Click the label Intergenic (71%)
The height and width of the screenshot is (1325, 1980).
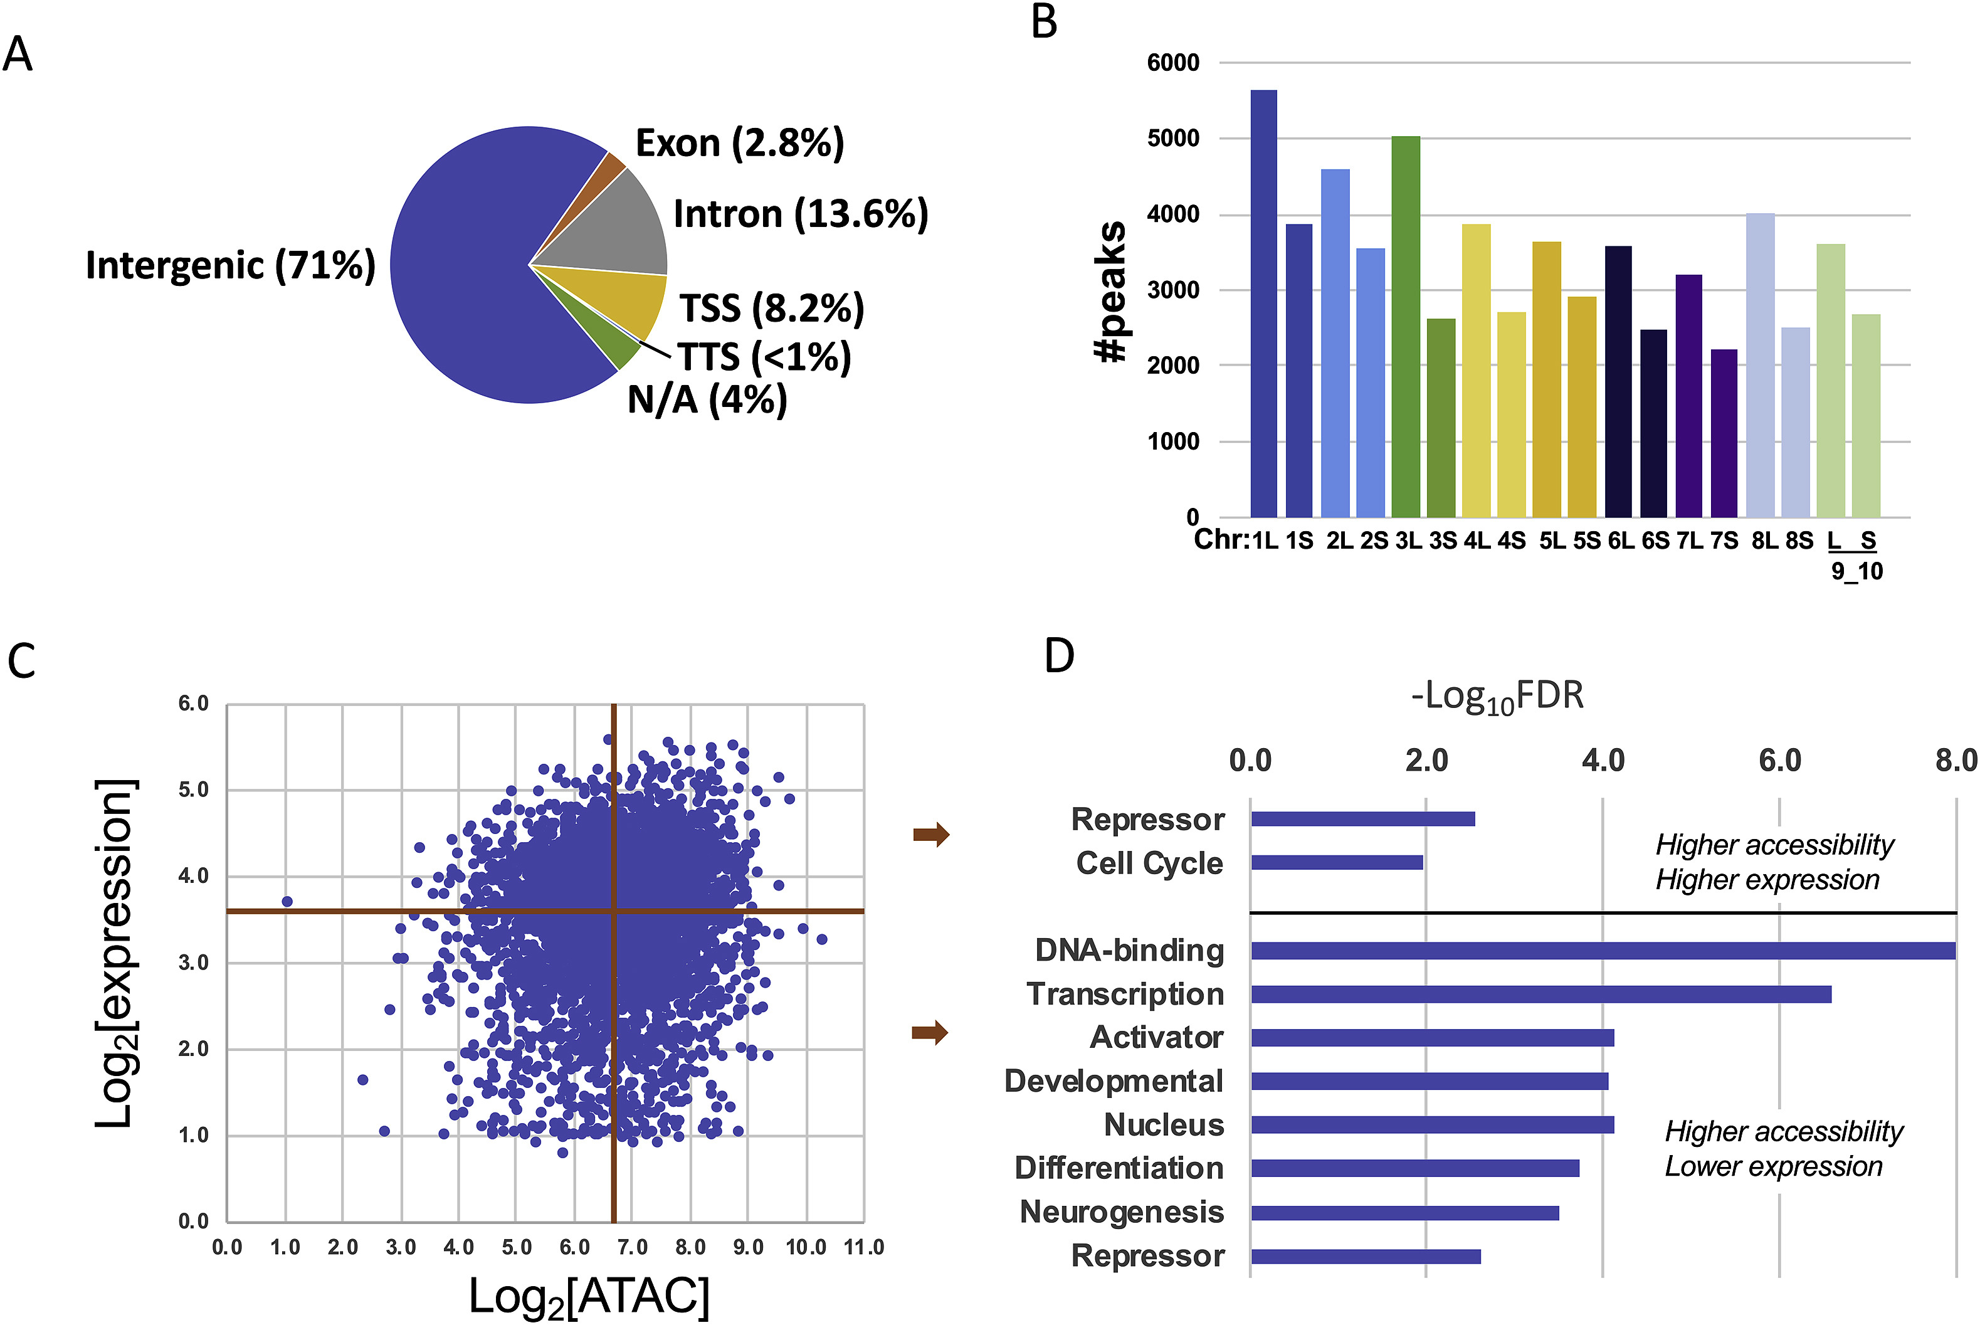point(229,265)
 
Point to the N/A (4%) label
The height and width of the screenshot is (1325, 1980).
point(707,399)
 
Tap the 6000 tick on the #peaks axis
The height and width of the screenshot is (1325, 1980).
point(1172,63)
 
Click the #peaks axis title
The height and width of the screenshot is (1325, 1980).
point(1111,292)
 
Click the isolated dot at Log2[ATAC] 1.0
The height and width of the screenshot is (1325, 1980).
point(287,902)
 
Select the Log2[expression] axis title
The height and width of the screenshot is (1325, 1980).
point(114,953)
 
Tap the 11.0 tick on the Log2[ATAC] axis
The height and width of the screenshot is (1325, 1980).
point(863,1247)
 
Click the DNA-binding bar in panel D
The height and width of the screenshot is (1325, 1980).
point(1603,951)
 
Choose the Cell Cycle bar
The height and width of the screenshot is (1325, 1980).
point(1336,863)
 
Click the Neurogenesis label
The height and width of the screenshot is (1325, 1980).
point(1121,1212)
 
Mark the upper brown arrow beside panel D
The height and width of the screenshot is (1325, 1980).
point(931,835)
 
